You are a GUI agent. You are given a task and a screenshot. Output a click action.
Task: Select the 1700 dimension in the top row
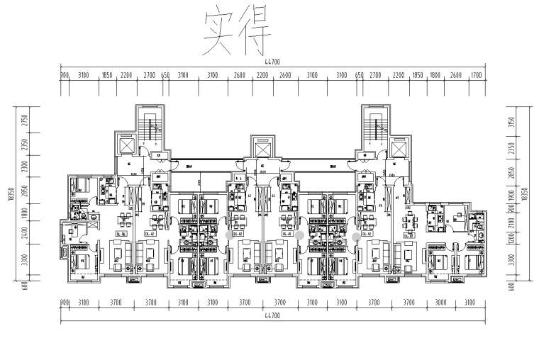[476, 74]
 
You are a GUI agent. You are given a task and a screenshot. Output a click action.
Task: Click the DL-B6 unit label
[123, 234]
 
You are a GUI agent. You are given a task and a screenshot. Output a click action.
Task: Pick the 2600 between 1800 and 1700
[456, 74]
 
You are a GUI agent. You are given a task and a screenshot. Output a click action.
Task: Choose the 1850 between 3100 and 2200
[109, 74]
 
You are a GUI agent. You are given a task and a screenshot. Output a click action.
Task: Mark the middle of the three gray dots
[300, 235]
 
